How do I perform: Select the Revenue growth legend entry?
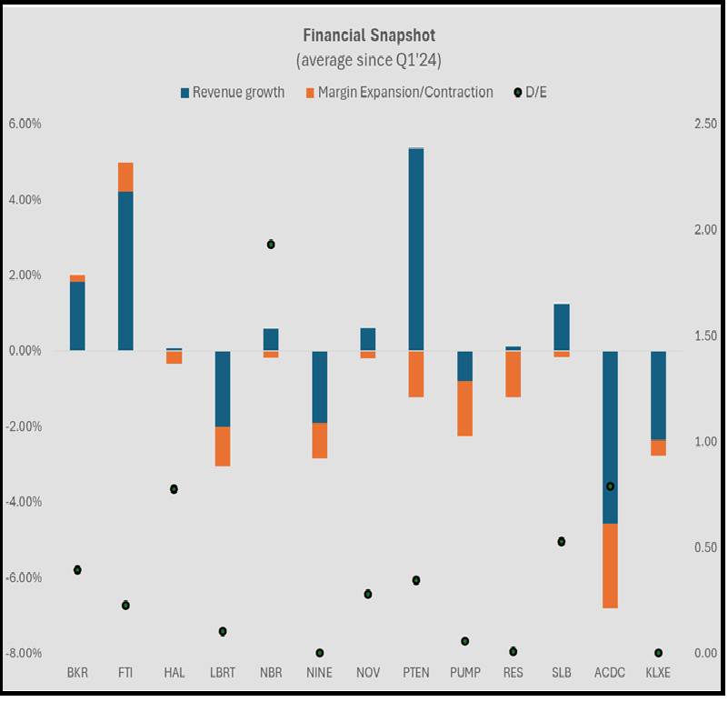(233, 92)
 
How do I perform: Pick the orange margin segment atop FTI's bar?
(125, 177)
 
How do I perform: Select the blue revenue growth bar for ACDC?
(610, 436)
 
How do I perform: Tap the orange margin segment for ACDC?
(610, 566)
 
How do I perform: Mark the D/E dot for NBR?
(271, 244)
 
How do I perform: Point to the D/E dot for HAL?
(174, 489)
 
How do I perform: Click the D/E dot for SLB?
(562, 542)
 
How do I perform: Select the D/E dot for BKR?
(77, 570)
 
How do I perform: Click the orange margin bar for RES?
(513, 374)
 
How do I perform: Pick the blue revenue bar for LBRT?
(223, 388)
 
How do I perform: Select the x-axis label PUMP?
(464, 674)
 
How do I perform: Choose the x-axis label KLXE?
(658, 674)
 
